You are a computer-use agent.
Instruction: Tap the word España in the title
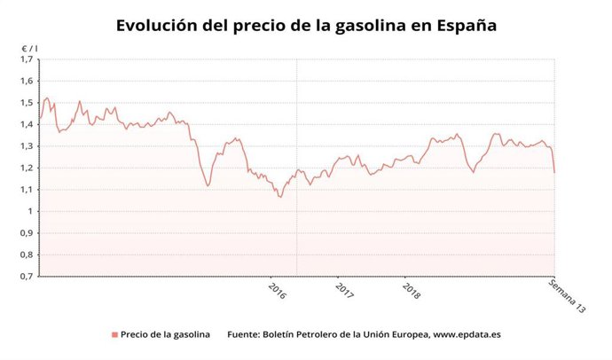tap(467, 26)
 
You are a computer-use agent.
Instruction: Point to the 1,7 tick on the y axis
tap(26, 59)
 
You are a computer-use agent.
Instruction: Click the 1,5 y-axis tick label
tap(26, 103)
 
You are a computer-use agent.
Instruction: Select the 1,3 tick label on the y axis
tap(26, 146)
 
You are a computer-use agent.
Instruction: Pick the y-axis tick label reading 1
tap(29, 211)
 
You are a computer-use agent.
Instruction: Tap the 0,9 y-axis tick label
tap(26, 233)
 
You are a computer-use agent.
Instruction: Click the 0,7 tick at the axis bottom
tap(26, 276)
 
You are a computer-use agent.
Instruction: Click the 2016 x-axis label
tap(277, 290)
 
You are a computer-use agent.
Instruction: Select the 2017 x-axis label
tap(344, 290)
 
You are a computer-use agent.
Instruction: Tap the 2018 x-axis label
tap(411, 290)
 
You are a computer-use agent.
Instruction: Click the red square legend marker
tap(114, 335)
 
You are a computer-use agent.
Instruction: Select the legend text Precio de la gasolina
tap(166, 335)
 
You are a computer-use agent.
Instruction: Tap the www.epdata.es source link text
tap(467, 335)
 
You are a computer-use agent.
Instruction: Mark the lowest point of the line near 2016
tap(280, 197)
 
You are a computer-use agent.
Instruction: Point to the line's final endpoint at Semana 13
tap(554, 172)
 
